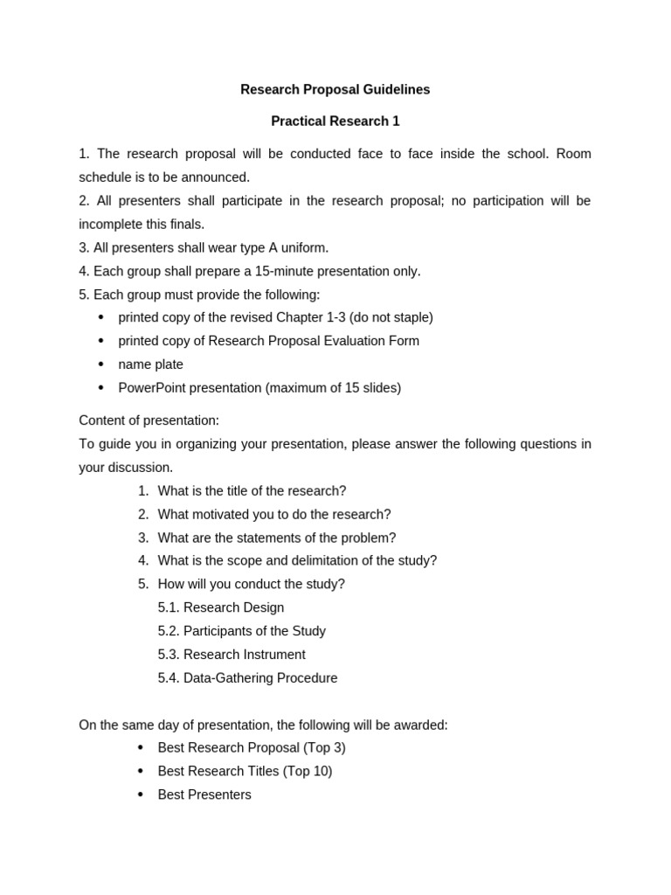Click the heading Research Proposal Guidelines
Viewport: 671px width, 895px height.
tap(335, 90)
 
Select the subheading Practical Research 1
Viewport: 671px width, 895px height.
tap(335, 121)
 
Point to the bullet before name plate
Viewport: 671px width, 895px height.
tap(101, 364)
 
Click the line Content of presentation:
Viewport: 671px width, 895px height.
tap(149, 421)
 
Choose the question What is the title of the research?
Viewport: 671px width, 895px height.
tap(252, 491)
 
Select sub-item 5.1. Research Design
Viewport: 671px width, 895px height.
tap(221, 608)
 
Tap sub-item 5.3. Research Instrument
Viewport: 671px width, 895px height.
tap(232, 655)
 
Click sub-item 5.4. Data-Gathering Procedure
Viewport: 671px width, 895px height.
tap(247, 678)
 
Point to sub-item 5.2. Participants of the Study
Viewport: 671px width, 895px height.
tap(242, 631)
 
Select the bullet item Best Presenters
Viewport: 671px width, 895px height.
tap(204, 795)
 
